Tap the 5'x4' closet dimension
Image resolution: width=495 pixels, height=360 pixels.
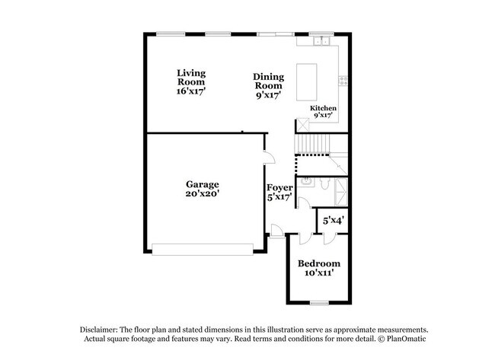pyautogui.click(x=333, y=220)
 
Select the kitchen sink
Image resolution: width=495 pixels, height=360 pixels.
pyautogui.click(x=323, y=40)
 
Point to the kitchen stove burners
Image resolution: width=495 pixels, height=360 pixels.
pyautogui.click(x=343, y=79)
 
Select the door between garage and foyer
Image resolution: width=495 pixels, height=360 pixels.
pyautogui.click(x=267, y=158)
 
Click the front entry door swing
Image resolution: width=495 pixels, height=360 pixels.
pyautogui.click(x=276, y=231)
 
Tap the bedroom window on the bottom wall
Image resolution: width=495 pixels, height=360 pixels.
pyautogui.click(x=319, y=304)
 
